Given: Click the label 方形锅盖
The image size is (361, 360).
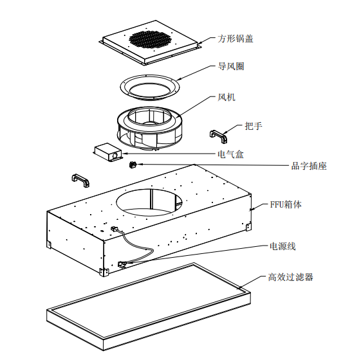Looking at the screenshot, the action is pyautogui.click(x=236, y=39).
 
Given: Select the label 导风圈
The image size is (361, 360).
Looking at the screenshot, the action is pyautogui.click(x=231, y=66).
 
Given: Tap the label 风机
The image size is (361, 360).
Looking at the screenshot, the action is pyautogui.click(x=227, y=97).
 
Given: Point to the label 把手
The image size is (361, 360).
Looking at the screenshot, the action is pyautogui.click(x=254, y=126).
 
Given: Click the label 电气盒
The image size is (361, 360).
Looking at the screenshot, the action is pyautogui.click(x=230, y=154).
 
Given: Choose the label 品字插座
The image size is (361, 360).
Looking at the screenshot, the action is pyautogui.click(x=309, y=166).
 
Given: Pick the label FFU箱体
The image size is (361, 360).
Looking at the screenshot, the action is pyautogui.click(x=286, y=204).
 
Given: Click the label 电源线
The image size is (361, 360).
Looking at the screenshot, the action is pyautogui.click(x=282, y=246).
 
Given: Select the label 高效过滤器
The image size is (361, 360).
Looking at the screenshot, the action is pyautogui.click(x=291, y=277).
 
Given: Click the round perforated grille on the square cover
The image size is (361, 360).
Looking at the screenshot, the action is pyautogui.click(x=150, y=40).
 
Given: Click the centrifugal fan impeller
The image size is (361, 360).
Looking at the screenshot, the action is pyautogui.click(x=150, y=128).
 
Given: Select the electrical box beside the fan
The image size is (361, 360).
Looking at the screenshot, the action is pyautogui.click(x=107, y=152).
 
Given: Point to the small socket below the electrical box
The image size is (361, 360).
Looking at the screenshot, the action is pyautogui.click(x=133, y=165).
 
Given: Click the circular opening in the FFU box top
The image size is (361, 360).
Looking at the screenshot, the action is pyautogui.click(x=149, y=203).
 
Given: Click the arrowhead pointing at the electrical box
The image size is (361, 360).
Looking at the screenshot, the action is pyautogui.click(x=125, y=154).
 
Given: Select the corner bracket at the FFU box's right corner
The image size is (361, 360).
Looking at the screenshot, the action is pyautogui.click(x=248, y=227).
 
